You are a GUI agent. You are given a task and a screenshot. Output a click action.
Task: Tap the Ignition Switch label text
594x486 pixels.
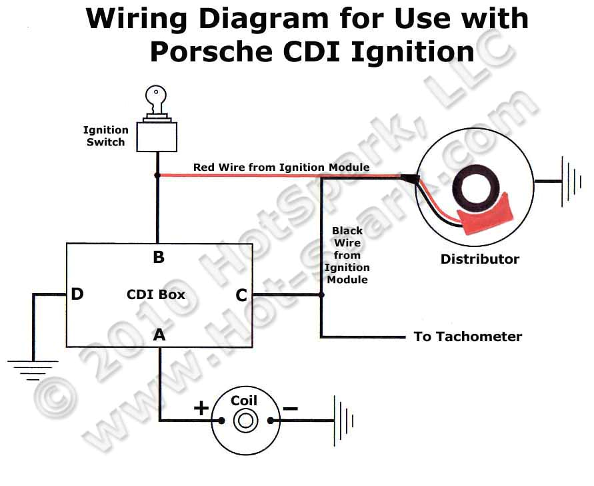105,136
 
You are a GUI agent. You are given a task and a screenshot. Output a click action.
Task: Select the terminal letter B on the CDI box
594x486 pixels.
159,258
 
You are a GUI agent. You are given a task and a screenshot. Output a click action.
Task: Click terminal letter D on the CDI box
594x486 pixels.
77,294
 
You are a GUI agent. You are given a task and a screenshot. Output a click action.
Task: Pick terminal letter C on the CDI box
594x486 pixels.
241,294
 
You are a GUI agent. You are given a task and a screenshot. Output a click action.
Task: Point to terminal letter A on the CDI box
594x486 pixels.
159,335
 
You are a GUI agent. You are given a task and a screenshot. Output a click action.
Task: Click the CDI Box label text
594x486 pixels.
156,294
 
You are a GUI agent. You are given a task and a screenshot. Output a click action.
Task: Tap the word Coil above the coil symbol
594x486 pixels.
244,401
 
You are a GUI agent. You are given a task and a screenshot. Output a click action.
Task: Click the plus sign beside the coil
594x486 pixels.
201,408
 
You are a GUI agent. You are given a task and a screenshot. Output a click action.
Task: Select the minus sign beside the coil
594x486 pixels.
290,407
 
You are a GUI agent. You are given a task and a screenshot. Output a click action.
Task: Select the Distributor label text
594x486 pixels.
479,259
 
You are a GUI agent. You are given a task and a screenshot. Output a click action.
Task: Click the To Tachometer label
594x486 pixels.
467,336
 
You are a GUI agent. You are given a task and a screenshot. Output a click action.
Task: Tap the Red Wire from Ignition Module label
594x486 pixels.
281,167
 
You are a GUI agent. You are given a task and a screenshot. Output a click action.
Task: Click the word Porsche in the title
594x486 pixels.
211,51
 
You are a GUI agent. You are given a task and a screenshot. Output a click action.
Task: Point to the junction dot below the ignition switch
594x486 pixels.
157,176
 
